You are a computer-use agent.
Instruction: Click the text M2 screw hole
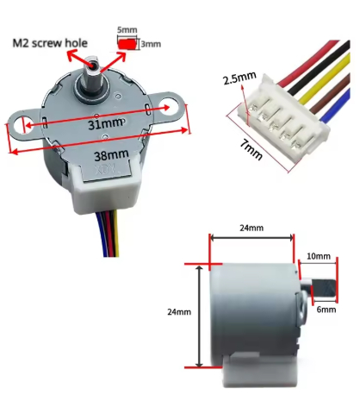coord(50,43)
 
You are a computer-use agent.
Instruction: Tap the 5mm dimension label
coord(127,30)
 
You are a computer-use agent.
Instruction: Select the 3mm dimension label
coord(151,44)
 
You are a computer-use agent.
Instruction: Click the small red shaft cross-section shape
coord(127,44)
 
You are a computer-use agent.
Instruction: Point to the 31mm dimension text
coord(105,124)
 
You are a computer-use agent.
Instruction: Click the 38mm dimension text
coord(111,155)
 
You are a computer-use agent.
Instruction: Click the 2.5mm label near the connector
coord(239,78)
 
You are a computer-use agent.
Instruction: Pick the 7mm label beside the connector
coord(251,149)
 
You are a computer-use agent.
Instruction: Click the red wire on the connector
coord(308,61)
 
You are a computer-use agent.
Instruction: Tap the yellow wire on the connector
coord(325,78)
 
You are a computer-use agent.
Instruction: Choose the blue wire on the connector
coord(335,106)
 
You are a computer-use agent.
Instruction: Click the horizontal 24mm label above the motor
coord(251,228)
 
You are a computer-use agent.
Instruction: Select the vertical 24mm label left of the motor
coord(179,312)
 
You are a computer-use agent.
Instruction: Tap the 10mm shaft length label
coord(319,256)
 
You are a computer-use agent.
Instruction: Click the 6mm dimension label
coord(326,310)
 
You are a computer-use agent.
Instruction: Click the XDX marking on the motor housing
coord(107,170)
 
